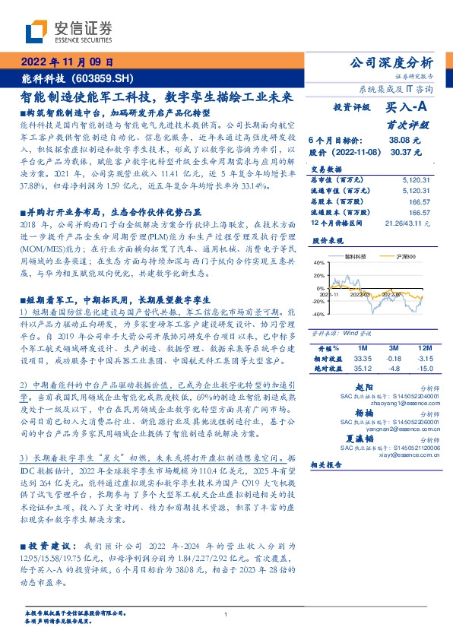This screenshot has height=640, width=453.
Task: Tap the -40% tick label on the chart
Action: pyautogui.click(x=317, y=334)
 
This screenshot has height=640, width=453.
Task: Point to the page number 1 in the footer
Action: pyautogui.click(x=226, y=614)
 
